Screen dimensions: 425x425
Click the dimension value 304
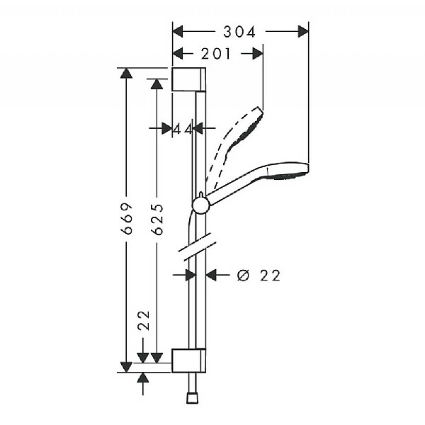click(x=239, y=31)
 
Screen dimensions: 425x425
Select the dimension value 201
click(x=216, y=54)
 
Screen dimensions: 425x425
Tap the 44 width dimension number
click(x=183, y=128)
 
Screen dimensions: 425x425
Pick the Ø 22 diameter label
click(x=259, y=276)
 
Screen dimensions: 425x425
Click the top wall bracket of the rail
click(x=188, y=79)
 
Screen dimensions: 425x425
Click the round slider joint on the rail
click(x=200, y=205)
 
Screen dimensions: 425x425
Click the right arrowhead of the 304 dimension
click(x=302, y=31)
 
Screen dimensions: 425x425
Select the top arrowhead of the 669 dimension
click(x=127, y=74)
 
